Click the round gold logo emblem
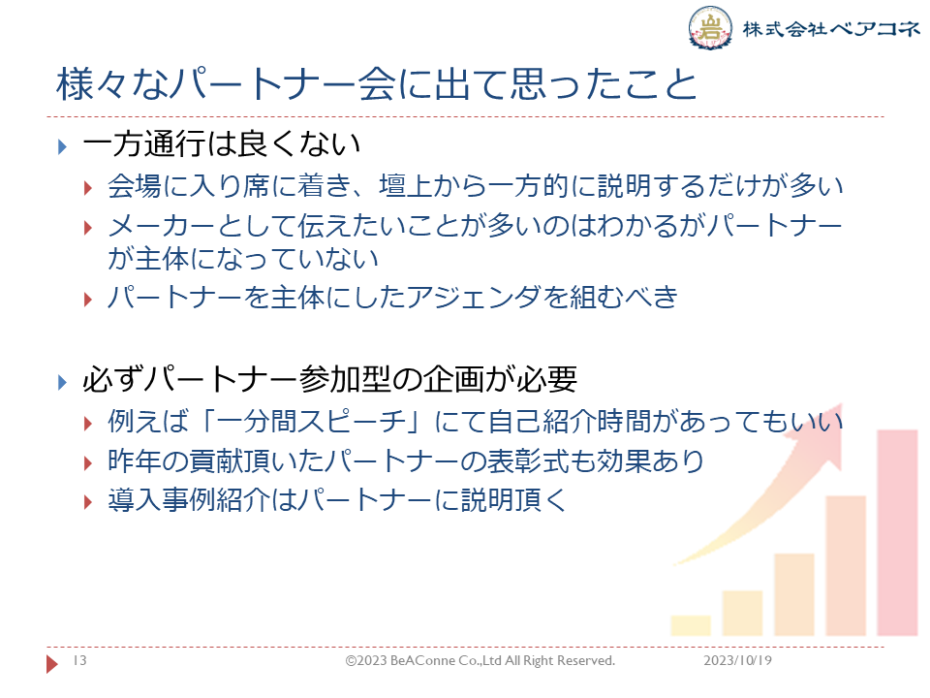pos(710,27)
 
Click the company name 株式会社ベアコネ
pos(830,28)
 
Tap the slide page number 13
pos(79,660)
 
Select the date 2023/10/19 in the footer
pos(737,660)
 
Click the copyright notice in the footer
pos(480,660)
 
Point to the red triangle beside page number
pos(52,663)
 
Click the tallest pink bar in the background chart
pos(897,532)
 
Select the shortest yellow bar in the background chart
pos(691,625)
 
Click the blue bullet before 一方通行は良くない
pos(62,146)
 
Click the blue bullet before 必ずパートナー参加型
pos(62,382)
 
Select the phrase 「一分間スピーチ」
pos(312,422)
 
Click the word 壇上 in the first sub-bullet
pos(406,185)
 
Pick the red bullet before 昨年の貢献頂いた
pos(88,463)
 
